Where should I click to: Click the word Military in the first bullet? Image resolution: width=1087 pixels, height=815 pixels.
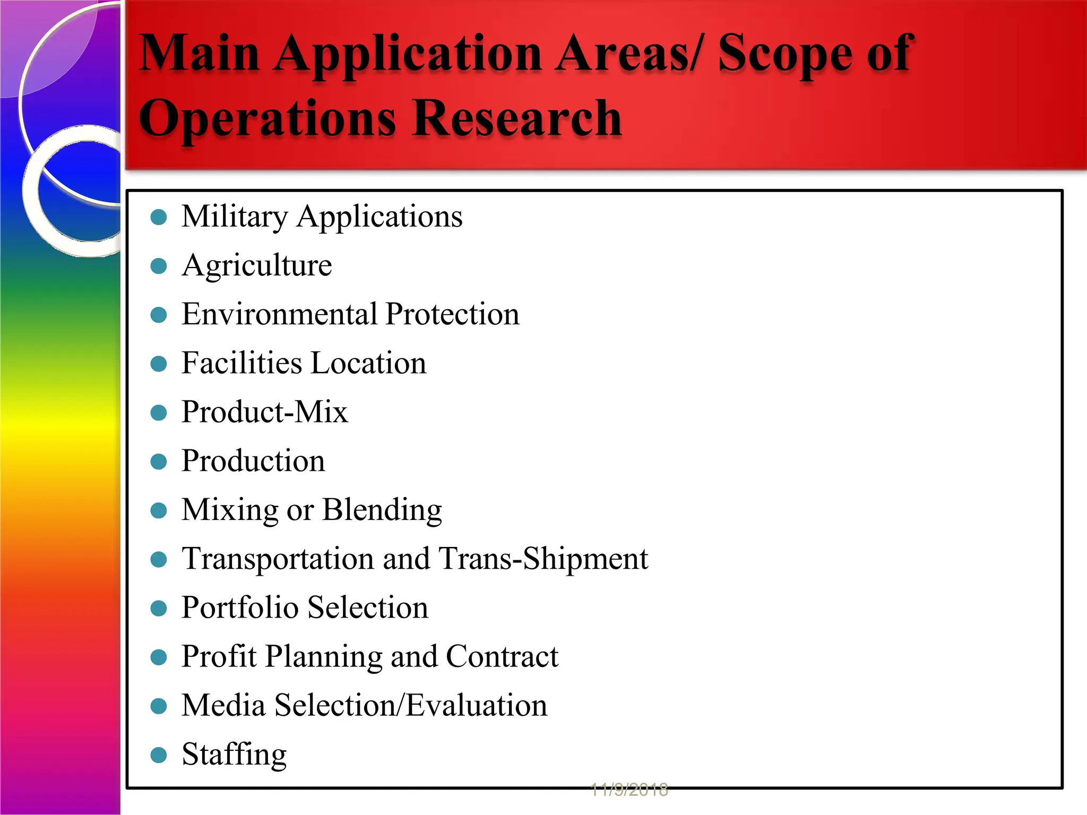point(235,217)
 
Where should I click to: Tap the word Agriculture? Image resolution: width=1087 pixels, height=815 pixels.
point(257,265)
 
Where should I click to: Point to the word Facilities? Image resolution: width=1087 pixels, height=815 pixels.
point(241,363)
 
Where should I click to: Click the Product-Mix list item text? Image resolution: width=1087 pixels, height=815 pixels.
point(264,412)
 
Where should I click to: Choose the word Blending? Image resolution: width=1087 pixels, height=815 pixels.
point(382,510)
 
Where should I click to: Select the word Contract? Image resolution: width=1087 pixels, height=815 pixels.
point(502,657)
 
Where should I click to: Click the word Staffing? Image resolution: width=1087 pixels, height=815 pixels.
point(234,755)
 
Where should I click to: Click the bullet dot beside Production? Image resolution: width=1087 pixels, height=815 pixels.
point(159,462)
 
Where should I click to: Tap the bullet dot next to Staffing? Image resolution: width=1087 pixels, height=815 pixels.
point(159,755)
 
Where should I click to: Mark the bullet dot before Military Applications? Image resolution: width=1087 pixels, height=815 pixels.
point(159,217)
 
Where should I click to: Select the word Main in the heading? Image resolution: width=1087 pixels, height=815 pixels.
point(199,53)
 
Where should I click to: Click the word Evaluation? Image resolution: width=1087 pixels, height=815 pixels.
point(477,706)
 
